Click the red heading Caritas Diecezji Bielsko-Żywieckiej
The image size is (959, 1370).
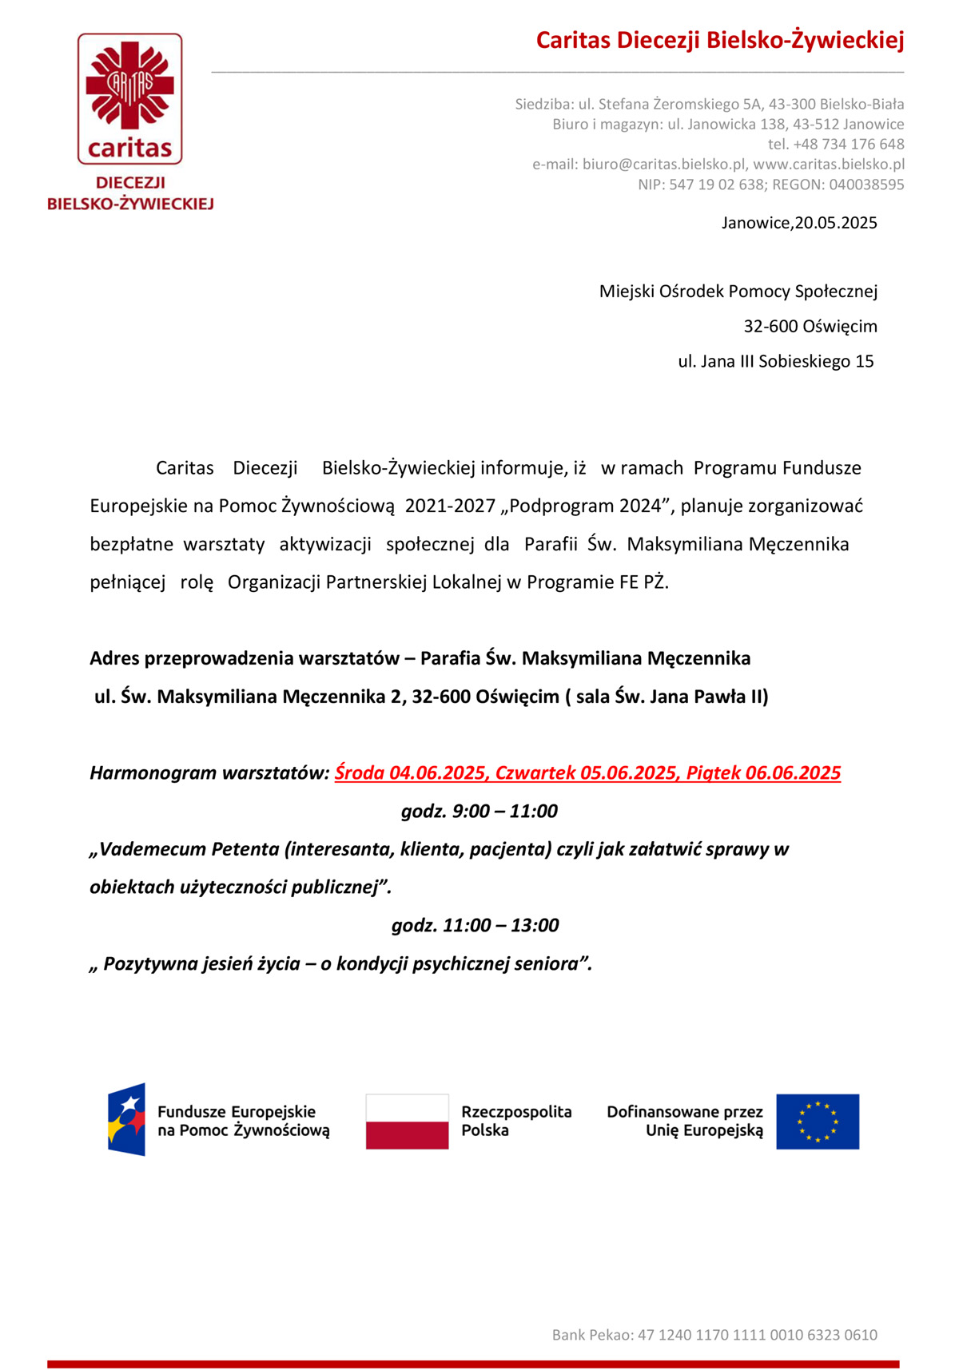pos(719,40)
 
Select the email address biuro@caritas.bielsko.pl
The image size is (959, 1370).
pos(664,165)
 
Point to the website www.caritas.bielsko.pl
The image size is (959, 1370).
pos(829,165)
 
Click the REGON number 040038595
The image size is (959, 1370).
pos(866,185)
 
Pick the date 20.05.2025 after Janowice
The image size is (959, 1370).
pos(835,223)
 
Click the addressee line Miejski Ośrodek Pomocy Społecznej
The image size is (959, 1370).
pos(738,292)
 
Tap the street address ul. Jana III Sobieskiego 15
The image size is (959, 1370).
pos(775,362)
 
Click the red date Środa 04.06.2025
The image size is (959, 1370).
pos(410,772)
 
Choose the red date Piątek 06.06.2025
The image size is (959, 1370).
pos(763,772)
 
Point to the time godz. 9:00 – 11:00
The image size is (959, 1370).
pos(479,811)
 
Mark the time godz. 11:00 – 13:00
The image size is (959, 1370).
pos(475,925)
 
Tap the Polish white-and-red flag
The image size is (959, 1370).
pos(407,1122)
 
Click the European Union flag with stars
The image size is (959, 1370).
pos(817,1122)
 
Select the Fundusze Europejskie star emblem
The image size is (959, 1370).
pos(127,1119)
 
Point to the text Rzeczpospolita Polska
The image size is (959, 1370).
pos(515,1121)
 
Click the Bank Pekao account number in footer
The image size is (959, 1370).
pos(757,1335)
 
